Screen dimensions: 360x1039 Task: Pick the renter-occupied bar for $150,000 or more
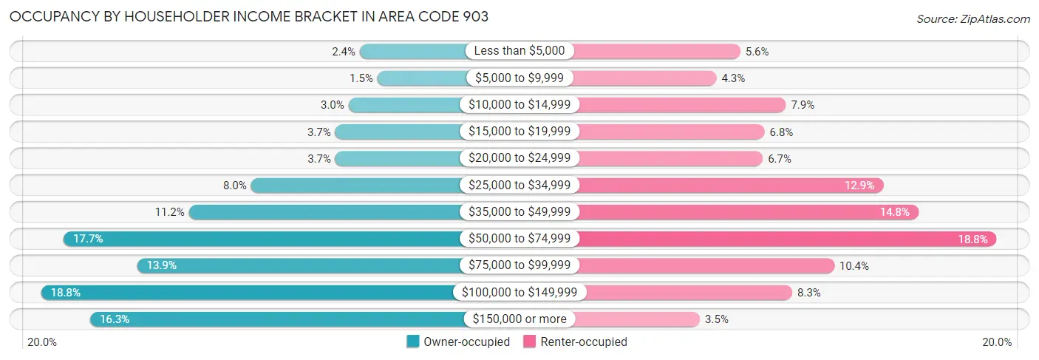(636, 319)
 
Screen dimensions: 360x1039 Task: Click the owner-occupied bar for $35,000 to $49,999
(325, 212)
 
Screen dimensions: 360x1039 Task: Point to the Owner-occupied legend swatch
(413, 342)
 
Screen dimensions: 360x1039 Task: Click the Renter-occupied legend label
(584, 342)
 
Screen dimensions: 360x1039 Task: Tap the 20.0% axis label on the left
(43, 342)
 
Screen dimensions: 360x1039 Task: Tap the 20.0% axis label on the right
(997, 342)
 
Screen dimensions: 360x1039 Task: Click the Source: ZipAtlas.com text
(973, 18)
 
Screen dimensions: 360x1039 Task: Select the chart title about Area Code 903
(249, 17)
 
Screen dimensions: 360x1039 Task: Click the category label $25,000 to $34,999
(519, 185)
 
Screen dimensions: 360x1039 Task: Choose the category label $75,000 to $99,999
(519, 265)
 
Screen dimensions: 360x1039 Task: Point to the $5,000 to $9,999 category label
(519, 78)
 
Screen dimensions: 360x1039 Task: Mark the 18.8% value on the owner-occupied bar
(65, 292)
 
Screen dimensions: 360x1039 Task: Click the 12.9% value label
(859, 186)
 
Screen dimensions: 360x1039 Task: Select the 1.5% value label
(361, 78)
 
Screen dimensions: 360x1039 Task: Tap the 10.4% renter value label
(856, 265)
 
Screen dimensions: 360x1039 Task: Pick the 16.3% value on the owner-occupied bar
(115, 319)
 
